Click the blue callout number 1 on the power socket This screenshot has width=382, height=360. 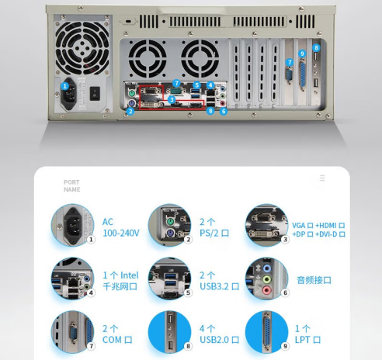(64, 86)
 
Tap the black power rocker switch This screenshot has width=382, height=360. (95, 93)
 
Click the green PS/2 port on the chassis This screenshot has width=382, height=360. (132, 92)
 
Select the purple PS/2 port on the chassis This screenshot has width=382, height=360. (132, 104)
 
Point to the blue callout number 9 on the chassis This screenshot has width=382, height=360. (302, 54)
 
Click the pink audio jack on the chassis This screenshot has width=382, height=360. (222, 103)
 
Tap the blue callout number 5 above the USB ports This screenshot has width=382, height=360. (197, 85)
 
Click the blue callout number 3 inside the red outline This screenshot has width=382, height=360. (172, 99)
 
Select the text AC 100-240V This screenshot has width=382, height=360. (121, 227)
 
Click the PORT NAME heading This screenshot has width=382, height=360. (71, 185)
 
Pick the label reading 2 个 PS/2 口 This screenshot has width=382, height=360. (214, 227)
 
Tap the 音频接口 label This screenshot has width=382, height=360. (314, 280)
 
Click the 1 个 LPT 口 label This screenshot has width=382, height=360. (307, 334)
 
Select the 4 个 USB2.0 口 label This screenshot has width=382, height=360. (219, 334)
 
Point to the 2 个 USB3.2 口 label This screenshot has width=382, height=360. (219, 281)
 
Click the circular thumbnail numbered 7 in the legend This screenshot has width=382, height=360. (72, 332)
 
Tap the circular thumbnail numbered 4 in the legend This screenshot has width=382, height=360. (72, 279)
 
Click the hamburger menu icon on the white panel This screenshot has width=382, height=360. (322, 178)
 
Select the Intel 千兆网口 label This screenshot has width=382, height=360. (120, 281)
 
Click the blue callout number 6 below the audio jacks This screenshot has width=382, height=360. (224, 112)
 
